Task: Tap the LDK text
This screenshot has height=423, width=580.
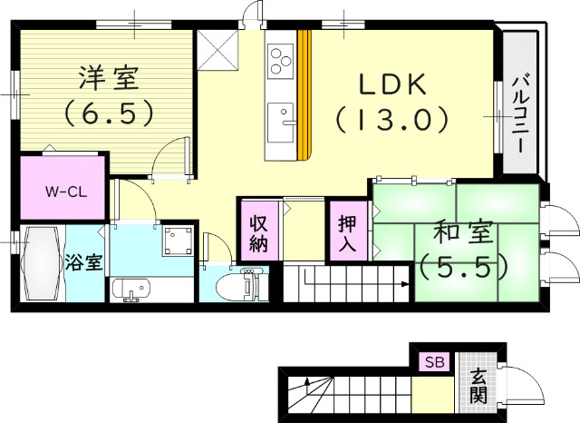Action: click(x=391, y=84)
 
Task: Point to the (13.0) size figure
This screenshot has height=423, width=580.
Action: click(x=391, y=118)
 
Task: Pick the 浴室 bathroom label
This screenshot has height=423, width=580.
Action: click(x=82, y=264)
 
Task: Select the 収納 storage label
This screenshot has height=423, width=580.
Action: click(x=258, y=232)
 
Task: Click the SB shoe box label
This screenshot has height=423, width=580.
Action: click(x=432, y=362)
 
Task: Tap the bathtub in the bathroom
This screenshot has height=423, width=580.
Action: click(x=42, y=264)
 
